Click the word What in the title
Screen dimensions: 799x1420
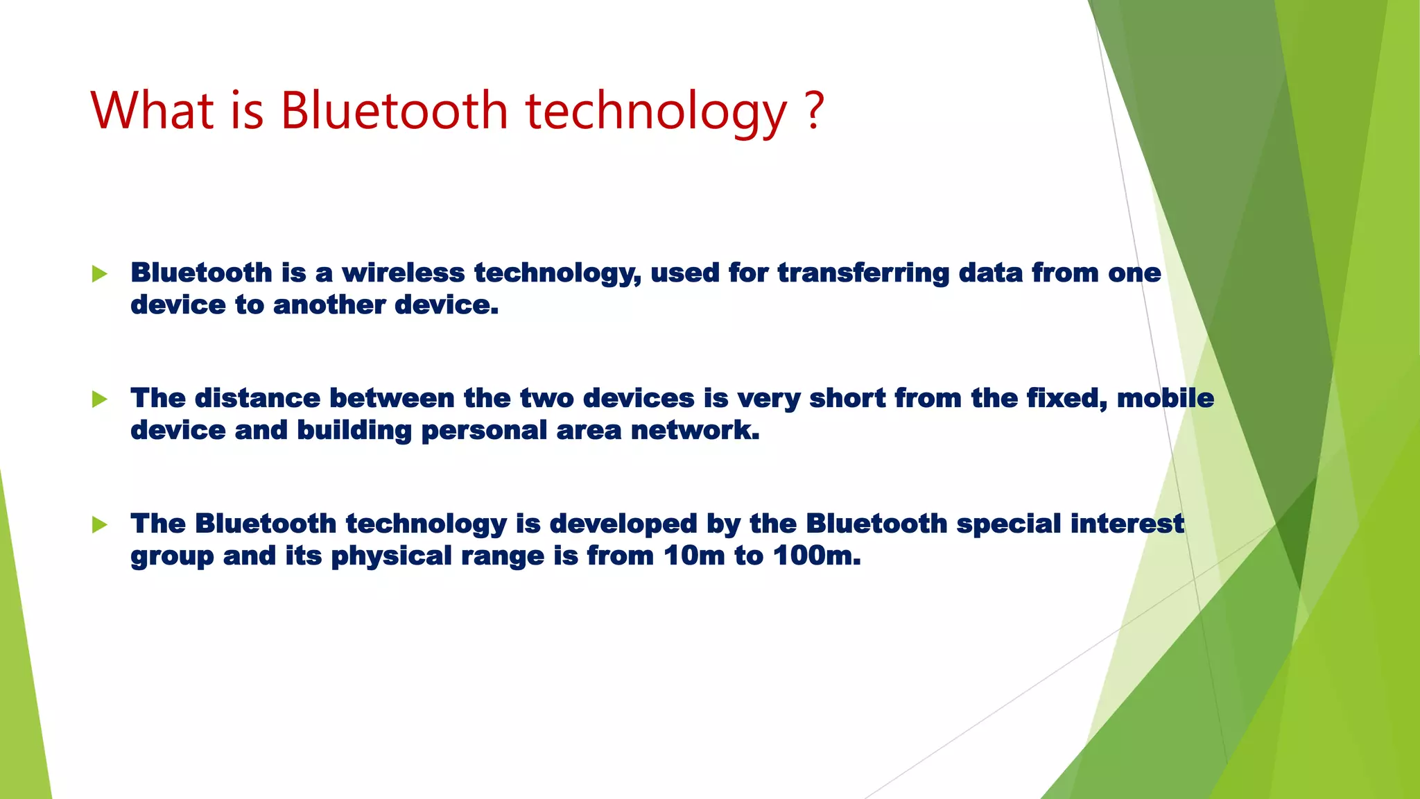pyautogui.click(x=153, y=110)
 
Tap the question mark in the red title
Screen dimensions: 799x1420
pyautogui.click(x=815, y=110)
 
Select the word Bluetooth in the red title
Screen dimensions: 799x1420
pyautogui.click(x=394, y=110)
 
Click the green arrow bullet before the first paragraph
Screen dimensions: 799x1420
pyautogui.click(x=100, y=274)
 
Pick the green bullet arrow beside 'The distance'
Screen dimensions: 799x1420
pyautogui.click(x=100, y=399)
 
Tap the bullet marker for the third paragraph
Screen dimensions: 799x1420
pyautogui.click(x=100, y=524)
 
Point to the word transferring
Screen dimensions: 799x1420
pyautogui.click(x=863, y=273)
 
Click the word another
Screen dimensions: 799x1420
pyautogui.click(x=329, y=304)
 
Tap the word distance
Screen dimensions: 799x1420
pyautogui.click(x=257, y=398)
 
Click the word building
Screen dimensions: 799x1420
pyautogui.click(x=354, y=430)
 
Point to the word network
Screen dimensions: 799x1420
pyautogui.click(x=695, y=430)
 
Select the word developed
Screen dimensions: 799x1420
pyautogui.click(x=623, y=524)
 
